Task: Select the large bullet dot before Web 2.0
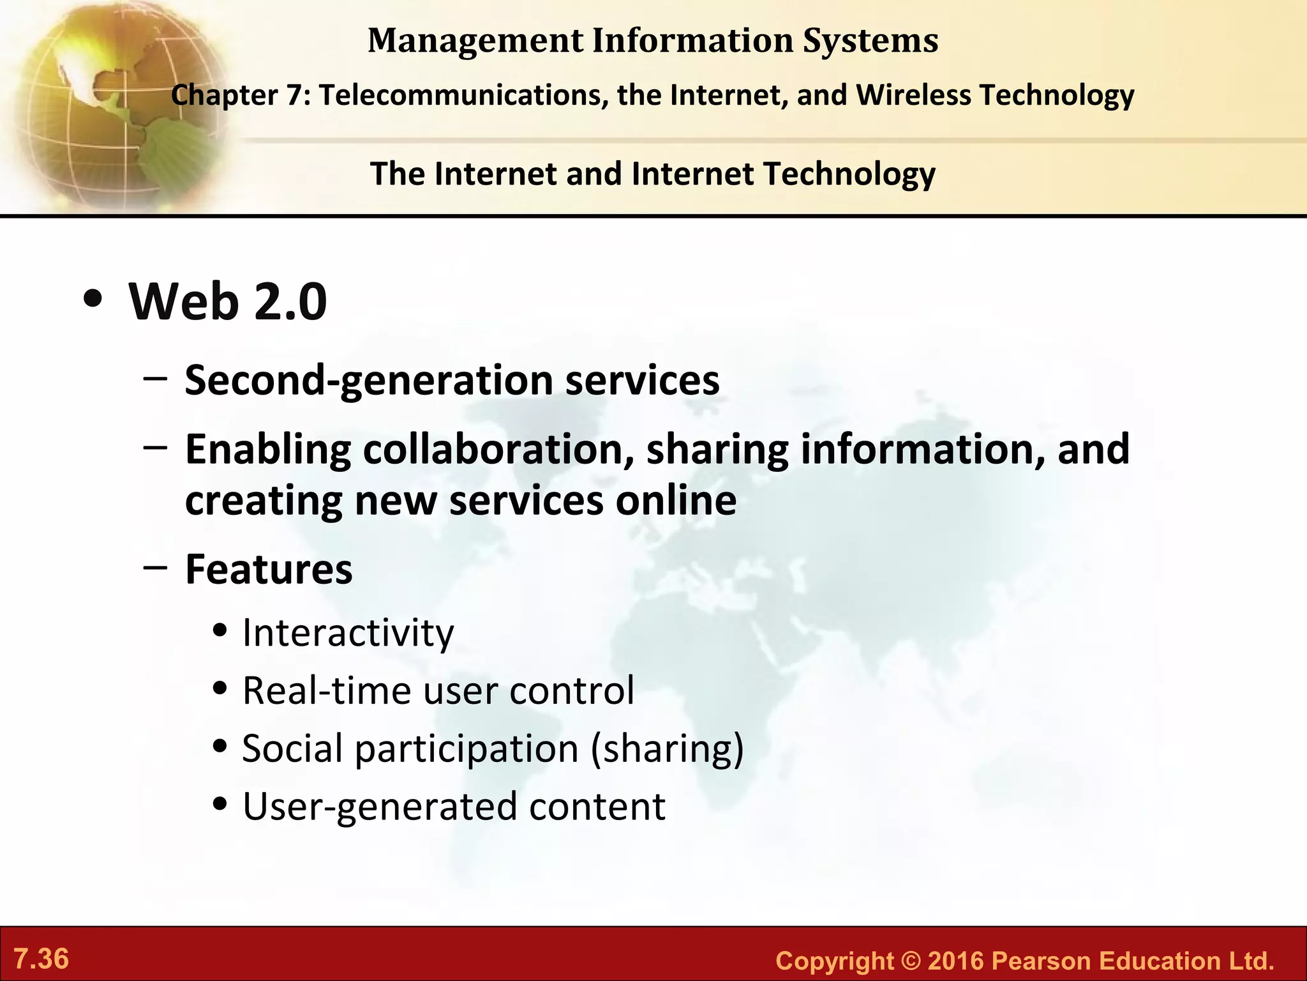pos(93,300)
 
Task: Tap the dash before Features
pos(156,567)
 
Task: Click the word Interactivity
pos(348,633)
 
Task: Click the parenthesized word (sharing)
pos(667,749)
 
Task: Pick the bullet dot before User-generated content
pos(220,805)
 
